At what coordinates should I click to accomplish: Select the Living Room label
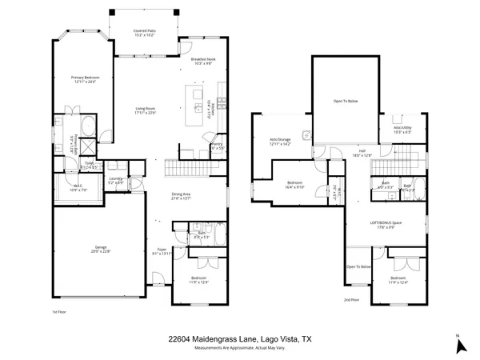pyautogui.click(x=145, y=110)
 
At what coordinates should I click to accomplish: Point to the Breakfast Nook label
pyautogui.click(x=203, y=61)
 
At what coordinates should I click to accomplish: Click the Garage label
pyautogui.click(x=97, y=250)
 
